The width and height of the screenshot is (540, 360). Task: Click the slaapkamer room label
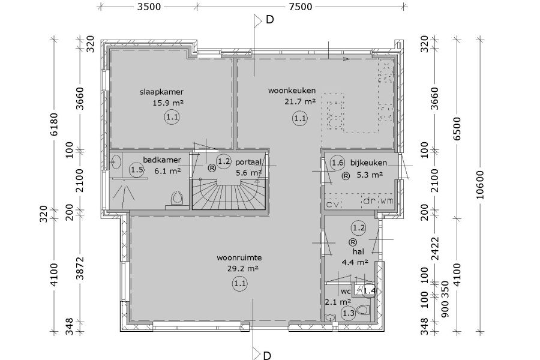[161, 92]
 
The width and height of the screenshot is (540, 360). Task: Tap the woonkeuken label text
[292, 91]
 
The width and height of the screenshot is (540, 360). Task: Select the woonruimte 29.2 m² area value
[243, 268]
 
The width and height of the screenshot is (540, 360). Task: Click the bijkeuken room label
[368, 163]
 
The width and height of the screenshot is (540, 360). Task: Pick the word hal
[359, 252]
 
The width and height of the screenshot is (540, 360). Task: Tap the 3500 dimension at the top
[149, 7]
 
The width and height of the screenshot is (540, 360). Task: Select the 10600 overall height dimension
[480, 185]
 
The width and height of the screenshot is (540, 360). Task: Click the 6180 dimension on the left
[54, 124]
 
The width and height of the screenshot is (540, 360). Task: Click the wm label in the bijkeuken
[386, 201]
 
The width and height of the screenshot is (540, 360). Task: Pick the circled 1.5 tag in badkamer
[137, 169]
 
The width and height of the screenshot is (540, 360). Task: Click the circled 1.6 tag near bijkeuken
[337, 163]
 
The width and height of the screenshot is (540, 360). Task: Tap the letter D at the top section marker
[269, 20]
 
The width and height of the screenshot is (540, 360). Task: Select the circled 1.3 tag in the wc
[348, 313]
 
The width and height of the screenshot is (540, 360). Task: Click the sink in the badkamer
[116, 161]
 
